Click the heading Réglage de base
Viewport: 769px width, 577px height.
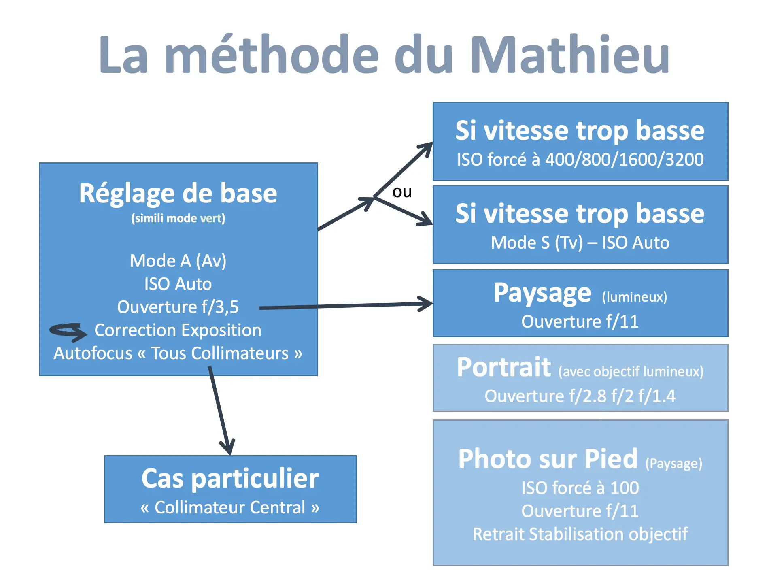[x=178, y=194]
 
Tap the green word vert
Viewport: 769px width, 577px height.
[x=210, y=218]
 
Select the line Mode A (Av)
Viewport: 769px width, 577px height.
[x=178, y=261]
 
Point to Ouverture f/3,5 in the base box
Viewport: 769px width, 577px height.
[x=178, y=307]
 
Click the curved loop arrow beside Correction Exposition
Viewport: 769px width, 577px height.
[x=68, y=332]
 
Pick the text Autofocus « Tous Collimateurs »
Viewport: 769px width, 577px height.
[x=178, y=353]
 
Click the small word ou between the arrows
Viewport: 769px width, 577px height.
[x=402, y=192]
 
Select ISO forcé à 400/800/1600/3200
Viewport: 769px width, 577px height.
[x=580, y=160]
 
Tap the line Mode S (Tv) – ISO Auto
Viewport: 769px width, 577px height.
[x=580, y=243]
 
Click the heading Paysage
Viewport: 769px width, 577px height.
[x=542, y=293]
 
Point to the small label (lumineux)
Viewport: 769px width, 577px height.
[x=634, y=297]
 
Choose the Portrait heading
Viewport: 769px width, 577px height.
[x=504, y=367]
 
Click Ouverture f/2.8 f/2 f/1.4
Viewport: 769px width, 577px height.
[x=580, y=396]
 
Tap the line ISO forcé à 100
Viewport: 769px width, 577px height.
[x=580, y=488]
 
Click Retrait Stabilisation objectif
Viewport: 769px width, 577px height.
[x=580, y=534]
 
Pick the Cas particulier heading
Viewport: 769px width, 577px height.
[x=230, y=479]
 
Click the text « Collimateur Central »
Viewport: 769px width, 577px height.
[x=230, y=507]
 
